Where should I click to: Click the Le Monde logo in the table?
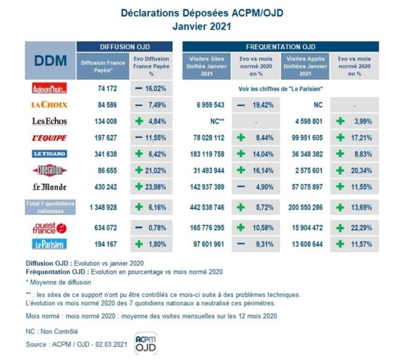(x=50, y=188)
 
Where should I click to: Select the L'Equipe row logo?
(x=50, y=138)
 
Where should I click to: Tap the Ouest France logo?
(x=50, y=228)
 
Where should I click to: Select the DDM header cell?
(x=50, y=60)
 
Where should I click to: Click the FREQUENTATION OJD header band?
(x=281, y=47)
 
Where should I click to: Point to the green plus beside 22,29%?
(x=340, y=228)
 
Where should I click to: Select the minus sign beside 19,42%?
(x=241, y=105)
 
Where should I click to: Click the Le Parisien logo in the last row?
(x=50, y=244)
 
